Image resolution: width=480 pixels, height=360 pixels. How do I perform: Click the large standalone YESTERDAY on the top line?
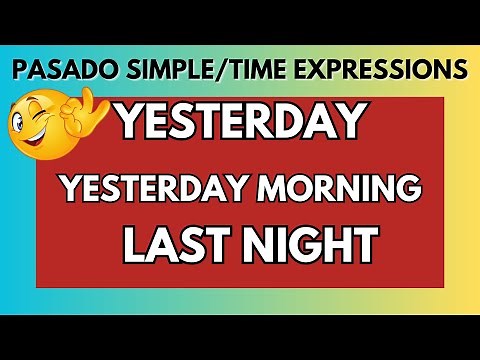238,122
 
